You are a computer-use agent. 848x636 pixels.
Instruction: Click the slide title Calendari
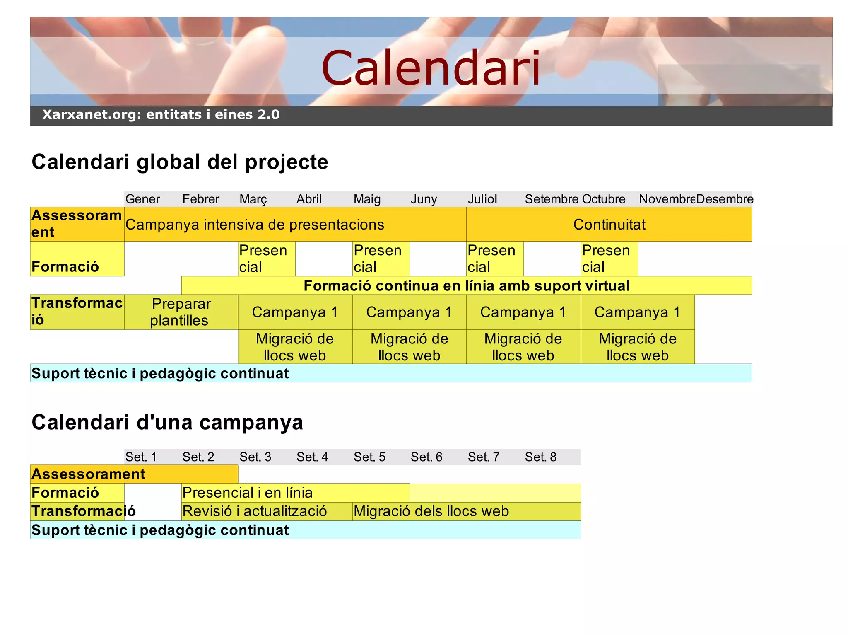click(x=431, y=68)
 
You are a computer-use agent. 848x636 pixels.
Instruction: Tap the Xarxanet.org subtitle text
click(x=161, y=115)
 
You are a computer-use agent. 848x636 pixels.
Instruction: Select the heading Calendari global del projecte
click(x=180, y=162)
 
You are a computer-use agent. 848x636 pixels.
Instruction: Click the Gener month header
click(x=142, y=199)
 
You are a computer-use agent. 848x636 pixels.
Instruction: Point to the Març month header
click(x=253, y=199)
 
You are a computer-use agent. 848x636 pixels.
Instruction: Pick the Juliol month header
click(x=482, y=199)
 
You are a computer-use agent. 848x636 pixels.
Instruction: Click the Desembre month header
click(x=724, y=199)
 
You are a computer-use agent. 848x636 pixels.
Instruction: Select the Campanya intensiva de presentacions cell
click(x=255, y=225)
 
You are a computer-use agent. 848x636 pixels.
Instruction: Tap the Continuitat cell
click(x=609, y=225)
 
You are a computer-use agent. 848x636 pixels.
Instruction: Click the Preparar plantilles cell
click(x=181, y=312)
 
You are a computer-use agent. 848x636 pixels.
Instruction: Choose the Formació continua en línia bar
click(x=466, y=285)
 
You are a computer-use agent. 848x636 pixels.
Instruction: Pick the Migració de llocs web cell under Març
click(x=295, y=347)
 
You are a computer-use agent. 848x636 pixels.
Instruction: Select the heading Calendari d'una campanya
click(x=167, y=422)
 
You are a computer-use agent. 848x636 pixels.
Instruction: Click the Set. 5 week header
click(x=369, y=457)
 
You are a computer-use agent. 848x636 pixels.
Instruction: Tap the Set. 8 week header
click(x=540, y=457)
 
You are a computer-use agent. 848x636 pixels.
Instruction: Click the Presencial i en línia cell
click(x=247, y=493)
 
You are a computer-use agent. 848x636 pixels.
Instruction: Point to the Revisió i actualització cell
click(x=255, y=511)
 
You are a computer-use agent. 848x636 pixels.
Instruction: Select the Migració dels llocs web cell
click(x=431, y=511)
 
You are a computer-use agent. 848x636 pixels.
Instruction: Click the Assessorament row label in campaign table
click(x=88, y=474)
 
